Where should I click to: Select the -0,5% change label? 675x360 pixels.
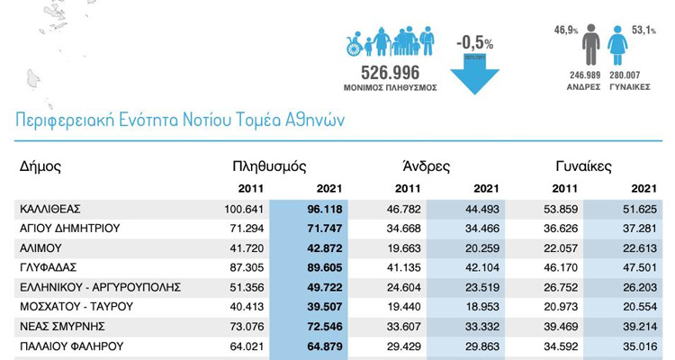pyautogui.click(x=474, y=42)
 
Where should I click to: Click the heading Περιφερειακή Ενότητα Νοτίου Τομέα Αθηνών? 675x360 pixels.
pyautogui.click(x=180, y=119)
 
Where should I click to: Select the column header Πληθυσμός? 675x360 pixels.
pyautogui.click(x=269, y=166)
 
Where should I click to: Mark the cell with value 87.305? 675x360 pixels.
pyautogui.click(x=251, y=267)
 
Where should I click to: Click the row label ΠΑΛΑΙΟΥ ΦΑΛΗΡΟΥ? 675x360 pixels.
pyautogui.click(x=71, y=346)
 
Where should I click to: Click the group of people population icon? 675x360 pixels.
pyautogui.click(x=391, y=42)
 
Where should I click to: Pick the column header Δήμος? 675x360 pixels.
pyautogui.click(x=40, y=166)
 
